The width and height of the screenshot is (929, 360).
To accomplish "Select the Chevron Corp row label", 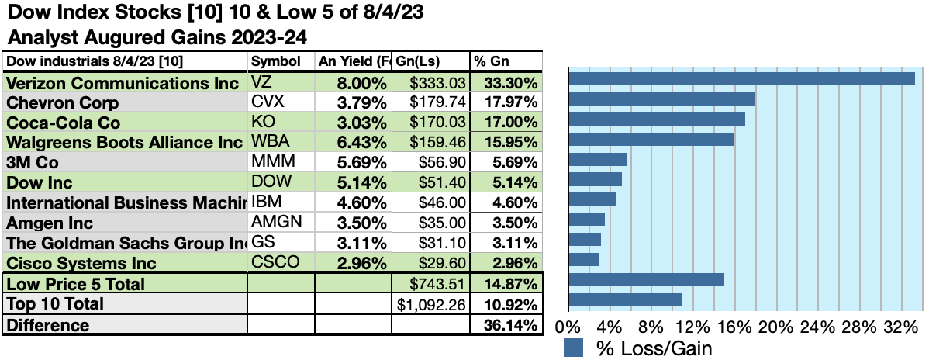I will pos(63,102).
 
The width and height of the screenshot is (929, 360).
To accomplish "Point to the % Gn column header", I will pos(491,61).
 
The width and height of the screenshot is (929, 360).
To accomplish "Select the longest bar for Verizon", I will pos(741,78).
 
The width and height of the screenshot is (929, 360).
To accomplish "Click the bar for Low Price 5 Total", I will pos(646,279).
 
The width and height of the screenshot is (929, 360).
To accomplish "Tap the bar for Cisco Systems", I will pos(584,259).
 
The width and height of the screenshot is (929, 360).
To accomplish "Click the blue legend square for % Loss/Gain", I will pos(573,348).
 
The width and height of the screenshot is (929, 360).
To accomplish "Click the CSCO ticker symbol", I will pos(275,263).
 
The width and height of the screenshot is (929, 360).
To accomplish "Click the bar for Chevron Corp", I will pos(661,99).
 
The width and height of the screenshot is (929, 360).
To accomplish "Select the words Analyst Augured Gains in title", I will pos(98,36).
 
